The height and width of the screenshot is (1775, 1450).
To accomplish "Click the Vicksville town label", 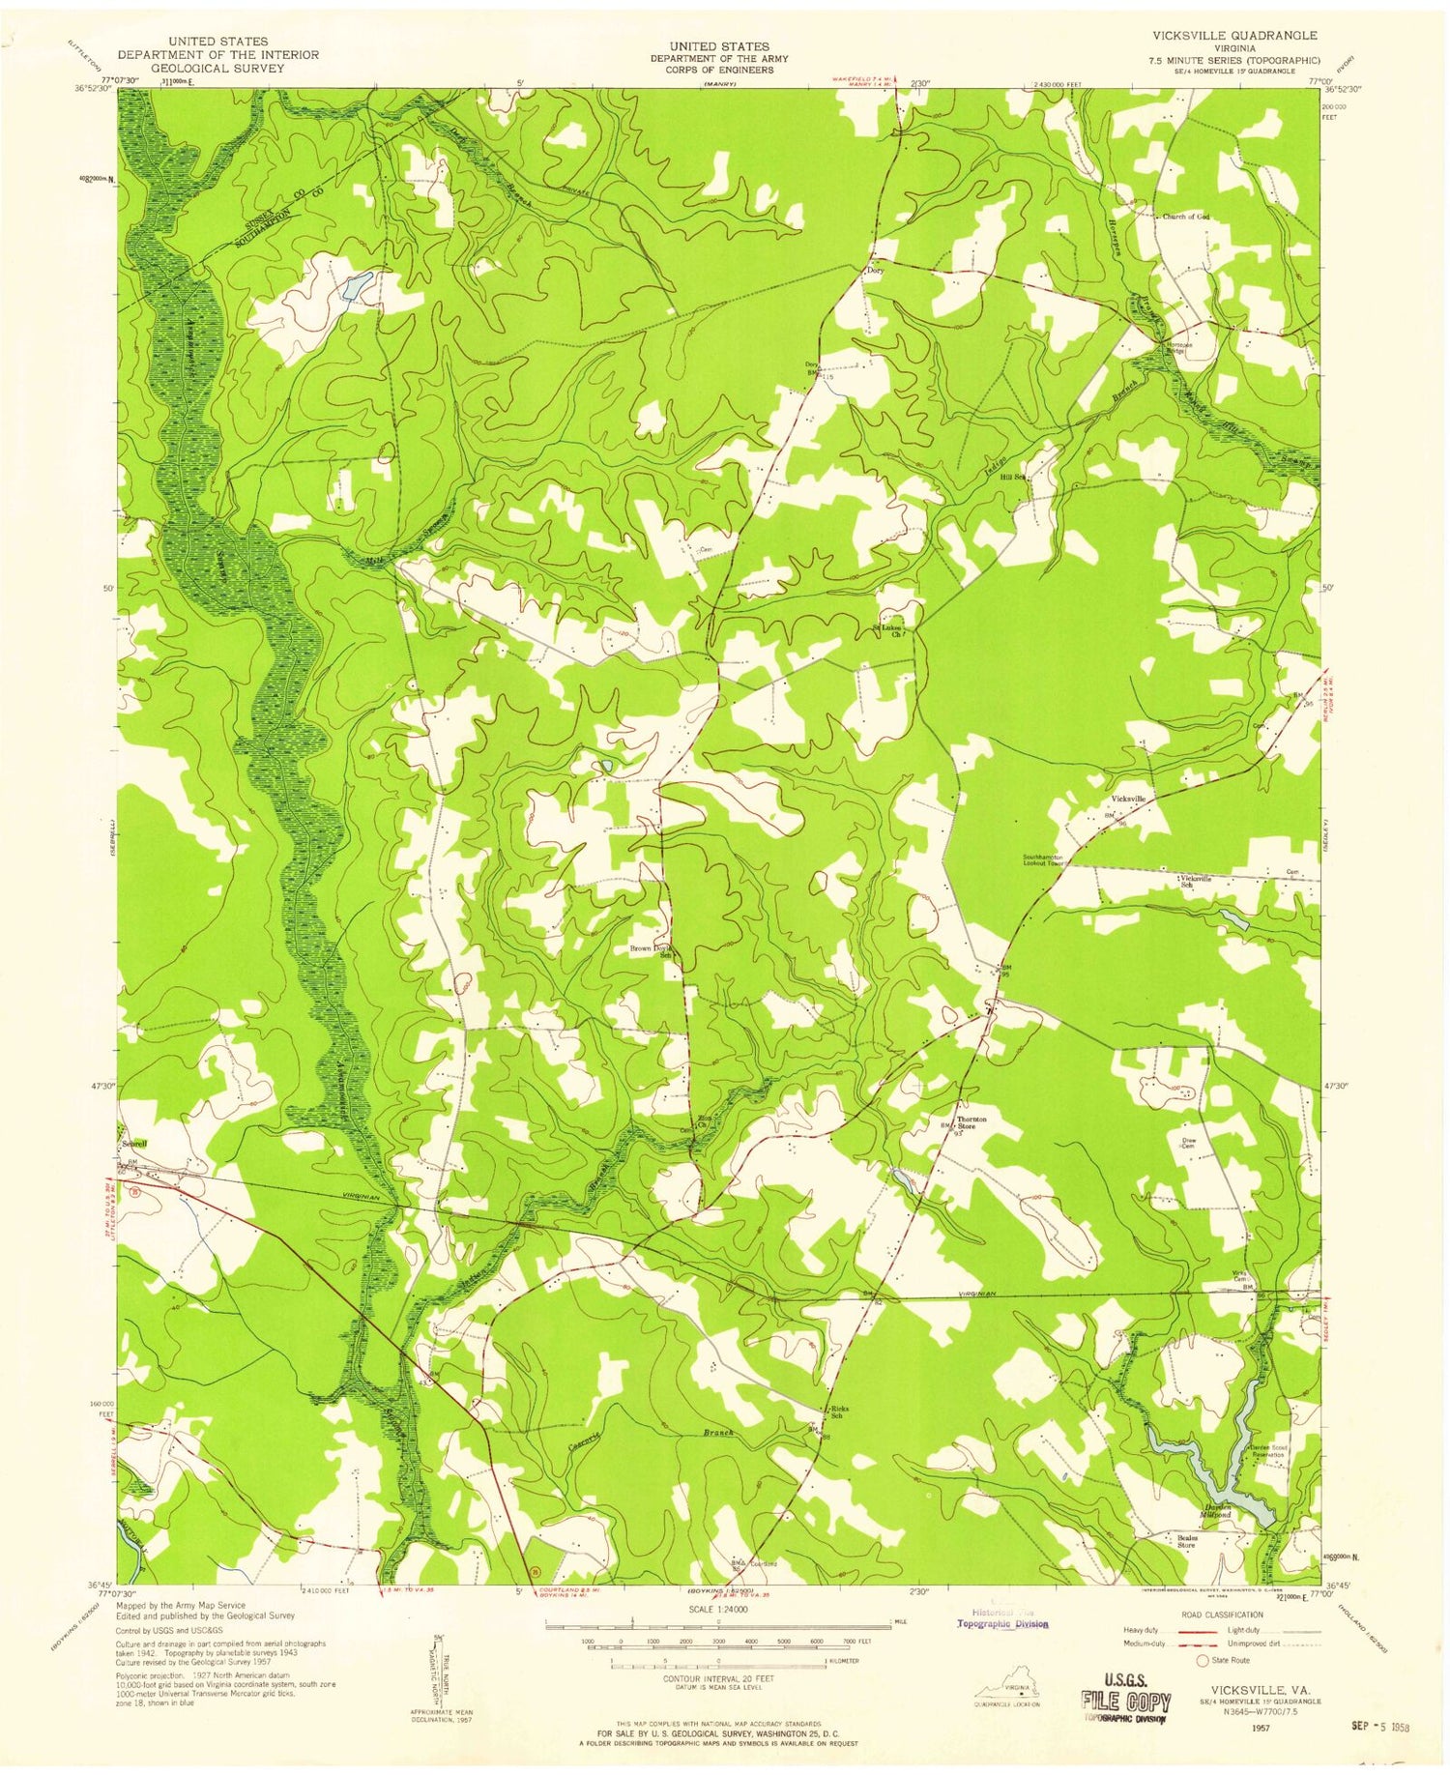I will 1128,799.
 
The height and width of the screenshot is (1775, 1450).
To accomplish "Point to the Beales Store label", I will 1186,1541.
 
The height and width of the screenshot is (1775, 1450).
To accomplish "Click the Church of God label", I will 1185,217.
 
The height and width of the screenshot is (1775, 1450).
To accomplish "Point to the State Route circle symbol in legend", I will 1203,1661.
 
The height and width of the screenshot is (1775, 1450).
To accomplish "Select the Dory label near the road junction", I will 874,272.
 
